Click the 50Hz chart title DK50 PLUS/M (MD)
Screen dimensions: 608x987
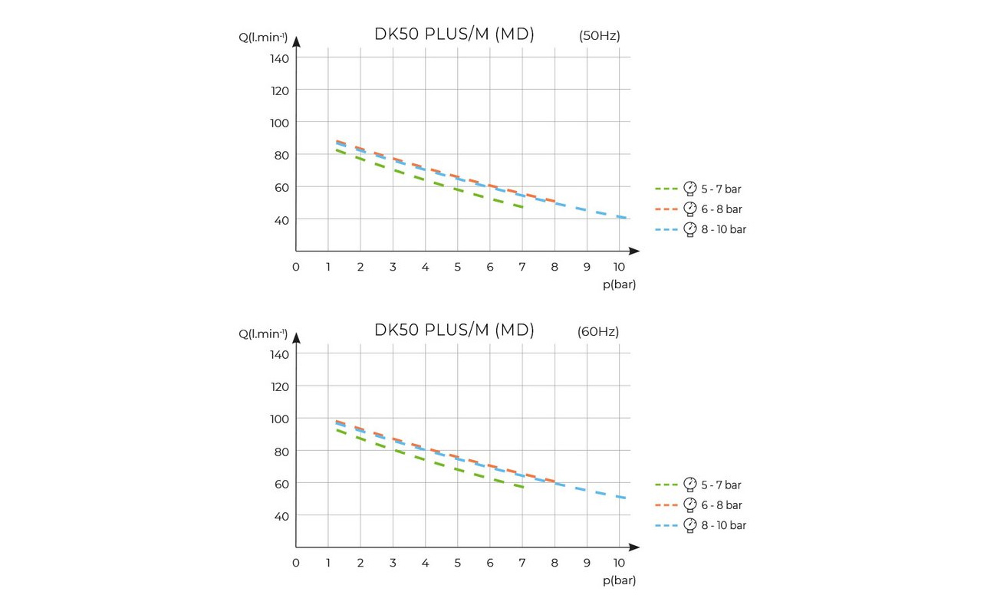tap(454, 35)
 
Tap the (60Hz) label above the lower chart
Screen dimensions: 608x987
tap(598, 332)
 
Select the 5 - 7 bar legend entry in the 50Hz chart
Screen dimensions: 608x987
tap(721, 189)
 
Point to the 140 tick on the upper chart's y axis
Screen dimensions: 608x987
tap(279, 58)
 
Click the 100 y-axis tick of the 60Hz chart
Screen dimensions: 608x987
tap(279, 419)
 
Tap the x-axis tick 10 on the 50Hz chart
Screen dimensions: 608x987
tap(620, 267)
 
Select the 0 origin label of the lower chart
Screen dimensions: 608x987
tap(296, 563)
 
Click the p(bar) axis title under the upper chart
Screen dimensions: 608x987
tap(619, 284)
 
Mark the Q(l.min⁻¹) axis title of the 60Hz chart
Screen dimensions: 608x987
tap(263, 334)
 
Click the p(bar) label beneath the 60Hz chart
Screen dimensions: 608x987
tap(619, 580)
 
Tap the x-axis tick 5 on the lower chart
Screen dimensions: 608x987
tap(458, 563)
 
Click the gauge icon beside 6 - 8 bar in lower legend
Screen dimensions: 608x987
tap(689, 505)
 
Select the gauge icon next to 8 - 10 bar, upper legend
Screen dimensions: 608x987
tap(689, 229)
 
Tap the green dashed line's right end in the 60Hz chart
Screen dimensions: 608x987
tap(523, 487)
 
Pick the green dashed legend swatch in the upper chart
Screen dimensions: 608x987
tap(666, 189)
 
